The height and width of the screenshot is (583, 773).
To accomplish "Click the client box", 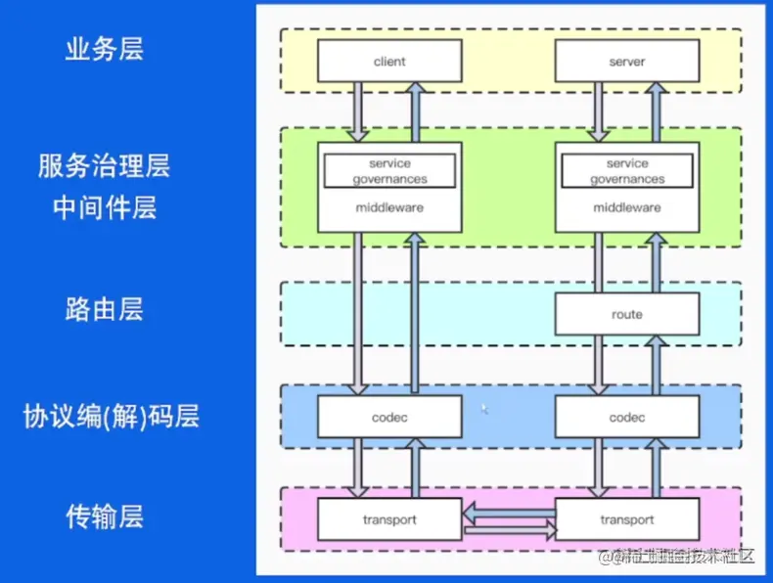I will point(389,62).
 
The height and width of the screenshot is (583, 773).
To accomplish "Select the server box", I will point(627,62).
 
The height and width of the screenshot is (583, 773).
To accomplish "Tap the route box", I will point(627,314).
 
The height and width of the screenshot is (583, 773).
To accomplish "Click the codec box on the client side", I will point(389,418).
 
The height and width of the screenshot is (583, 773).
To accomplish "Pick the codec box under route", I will point(627,418).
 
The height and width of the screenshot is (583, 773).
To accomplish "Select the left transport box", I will point(389,519).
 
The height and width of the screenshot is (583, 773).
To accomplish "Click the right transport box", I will point(627,519).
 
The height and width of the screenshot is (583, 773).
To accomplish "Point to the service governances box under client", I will point(389,171).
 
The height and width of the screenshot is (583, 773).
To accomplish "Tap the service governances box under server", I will point(627,171).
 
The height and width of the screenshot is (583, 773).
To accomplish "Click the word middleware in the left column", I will point(389,207).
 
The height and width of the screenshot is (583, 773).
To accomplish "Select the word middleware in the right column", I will point(627,207).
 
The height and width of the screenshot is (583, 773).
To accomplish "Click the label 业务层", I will point(105,50).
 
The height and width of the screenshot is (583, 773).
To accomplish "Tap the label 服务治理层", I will point(105,166).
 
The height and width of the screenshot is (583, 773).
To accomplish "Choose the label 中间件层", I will point(105,208).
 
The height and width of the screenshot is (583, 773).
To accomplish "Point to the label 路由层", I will point(105,310).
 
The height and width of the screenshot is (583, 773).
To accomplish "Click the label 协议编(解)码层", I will point(112,417).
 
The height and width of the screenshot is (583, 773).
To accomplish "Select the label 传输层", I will point(105,516).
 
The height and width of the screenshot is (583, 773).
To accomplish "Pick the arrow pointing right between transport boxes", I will point(508,531).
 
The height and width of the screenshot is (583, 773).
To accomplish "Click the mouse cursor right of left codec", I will point(483,409).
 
